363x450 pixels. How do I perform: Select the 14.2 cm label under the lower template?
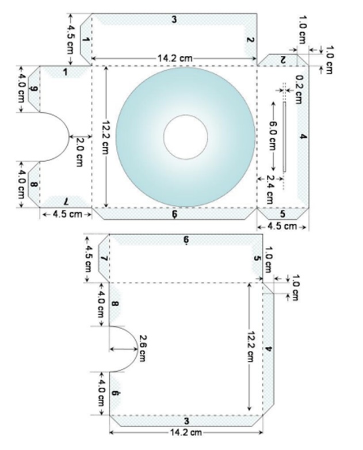pos(185,432)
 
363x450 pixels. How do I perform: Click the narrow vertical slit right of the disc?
pos(284,136)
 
